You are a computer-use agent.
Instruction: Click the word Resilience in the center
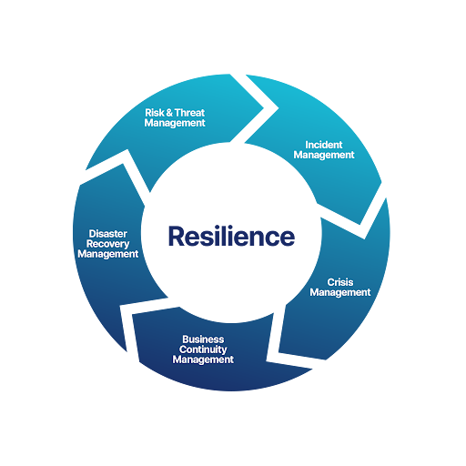coord(231,237)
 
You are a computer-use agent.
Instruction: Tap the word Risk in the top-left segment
coord(154,114)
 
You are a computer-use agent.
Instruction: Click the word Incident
coord(323,145)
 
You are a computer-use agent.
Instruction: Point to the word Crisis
coord(339,282)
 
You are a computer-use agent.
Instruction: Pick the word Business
coord(203,339)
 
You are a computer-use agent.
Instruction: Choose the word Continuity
coord(203,349)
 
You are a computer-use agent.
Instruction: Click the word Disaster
coord(107,233)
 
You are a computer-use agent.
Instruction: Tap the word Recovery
coord(107,244)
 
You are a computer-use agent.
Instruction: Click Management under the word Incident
coord(323,156)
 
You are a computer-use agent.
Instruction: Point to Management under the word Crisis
coord(339,293)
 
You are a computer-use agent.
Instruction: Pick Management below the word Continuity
coord(203,360)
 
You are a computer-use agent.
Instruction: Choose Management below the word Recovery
coord(107,255)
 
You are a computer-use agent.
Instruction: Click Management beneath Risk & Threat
coord(174,124)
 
